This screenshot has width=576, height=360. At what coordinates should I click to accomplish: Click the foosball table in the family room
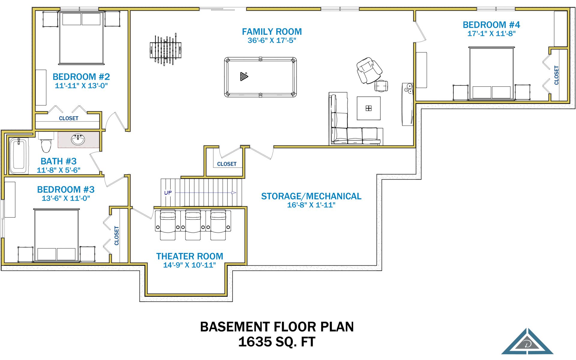[166, 50]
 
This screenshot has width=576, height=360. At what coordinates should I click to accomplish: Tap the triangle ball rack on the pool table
[244, 76]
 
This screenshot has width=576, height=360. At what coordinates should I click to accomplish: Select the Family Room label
[272, 32]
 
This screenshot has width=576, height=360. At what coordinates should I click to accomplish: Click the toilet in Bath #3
[46, 143]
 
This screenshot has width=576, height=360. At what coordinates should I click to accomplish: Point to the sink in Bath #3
[78, 139]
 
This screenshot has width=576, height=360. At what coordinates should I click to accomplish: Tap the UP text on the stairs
[168, 193]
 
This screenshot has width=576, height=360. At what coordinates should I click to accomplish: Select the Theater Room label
[190, 256]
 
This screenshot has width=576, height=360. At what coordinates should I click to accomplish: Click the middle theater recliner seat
[193, 225]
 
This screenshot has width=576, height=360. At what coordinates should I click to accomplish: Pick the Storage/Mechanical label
[311, 196]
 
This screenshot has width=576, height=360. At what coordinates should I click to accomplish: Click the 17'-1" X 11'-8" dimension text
[491, 34]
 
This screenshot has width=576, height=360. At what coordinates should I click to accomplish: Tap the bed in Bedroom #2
[81, 38]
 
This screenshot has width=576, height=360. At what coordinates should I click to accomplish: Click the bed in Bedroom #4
[491, 73]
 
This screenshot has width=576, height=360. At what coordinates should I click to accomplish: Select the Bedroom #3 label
[66, 189]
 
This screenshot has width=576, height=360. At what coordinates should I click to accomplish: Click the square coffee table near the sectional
[369, 108]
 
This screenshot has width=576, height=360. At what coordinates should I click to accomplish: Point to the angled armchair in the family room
[369, 70]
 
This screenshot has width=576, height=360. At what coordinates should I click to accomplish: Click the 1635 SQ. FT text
[277, 342]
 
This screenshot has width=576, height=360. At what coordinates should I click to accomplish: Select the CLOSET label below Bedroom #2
[69, 118]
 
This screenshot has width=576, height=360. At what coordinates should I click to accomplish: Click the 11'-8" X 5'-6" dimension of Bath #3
[58, 170]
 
